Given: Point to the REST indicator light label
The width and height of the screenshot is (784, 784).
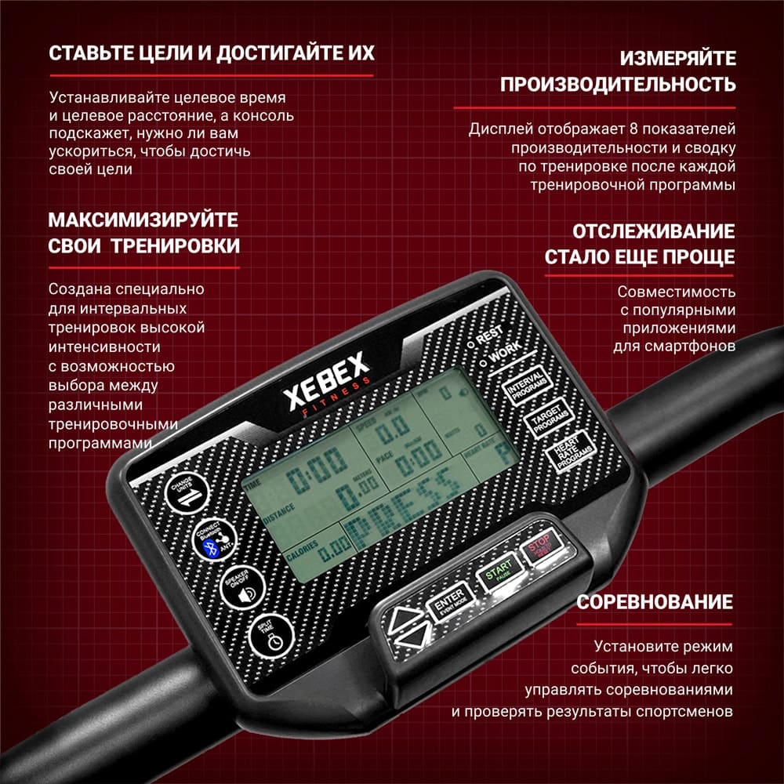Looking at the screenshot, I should coord(487,336).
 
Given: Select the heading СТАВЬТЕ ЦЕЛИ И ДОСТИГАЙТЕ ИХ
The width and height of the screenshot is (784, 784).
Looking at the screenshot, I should coord(211,53).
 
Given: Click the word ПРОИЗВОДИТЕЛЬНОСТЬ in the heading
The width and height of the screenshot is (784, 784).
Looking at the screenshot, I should coord(618,85).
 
